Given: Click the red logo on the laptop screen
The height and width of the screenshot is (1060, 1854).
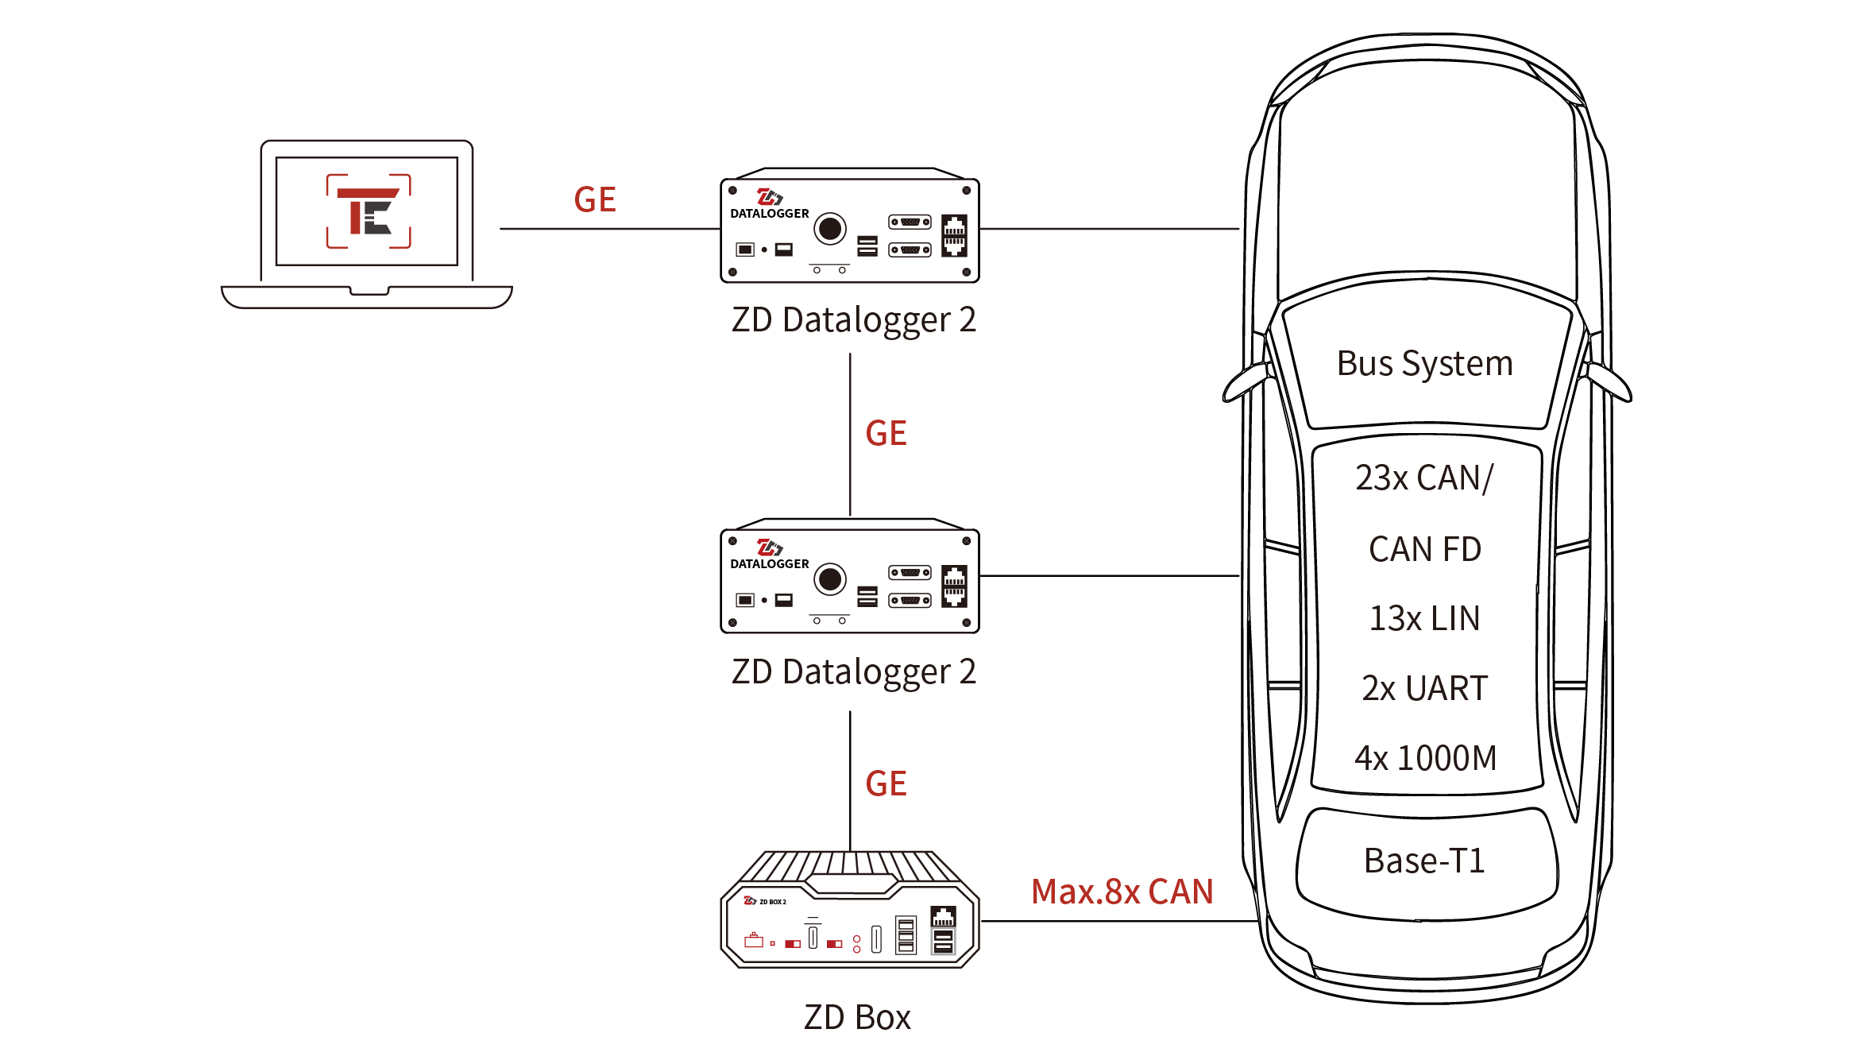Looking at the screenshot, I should (369, 211).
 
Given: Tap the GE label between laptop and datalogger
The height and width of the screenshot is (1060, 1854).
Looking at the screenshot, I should (595, 199).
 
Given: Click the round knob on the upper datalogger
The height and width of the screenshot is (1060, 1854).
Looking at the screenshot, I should (830, 229).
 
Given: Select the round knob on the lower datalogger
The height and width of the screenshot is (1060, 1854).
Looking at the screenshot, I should (830, 579).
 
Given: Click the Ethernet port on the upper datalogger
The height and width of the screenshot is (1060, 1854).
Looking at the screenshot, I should (954, 235).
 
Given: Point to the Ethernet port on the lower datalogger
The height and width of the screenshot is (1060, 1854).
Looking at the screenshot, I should (954, 586).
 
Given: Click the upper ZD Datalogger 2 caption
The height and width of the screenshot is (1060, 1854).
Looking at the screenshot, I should (853, 320).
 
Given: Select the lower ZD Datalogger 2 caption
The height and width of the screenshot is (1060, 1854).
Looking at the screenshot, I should (853, 672).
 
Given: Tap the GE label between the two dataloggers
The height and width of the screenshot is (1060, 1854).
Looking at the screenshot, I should (886, 434).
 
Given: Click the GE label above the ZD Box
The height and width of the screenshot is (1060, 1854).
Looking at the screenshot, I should (886, 784).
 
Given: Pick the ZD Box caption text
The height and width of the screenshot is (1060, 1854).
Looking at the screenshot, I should (857, 1018).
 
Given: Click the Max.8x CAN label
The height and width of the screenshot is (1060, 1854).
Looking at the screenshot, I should (1122, 892).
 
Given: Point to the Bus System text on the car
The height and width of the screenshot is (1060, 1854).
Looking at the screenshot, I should (1424, 364).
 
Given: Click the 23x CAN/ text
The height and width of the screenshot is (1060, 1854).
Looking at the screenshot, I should (1424, 478).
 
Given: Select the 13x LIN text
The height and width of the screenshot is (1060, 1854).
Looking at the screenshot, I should (1424, 618).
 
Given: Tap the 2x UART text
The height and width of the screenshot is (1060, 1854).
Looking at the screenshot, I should (1424, 688).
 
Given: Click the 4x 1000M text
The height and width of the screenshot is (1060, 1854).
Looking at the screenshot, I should (1425, 758).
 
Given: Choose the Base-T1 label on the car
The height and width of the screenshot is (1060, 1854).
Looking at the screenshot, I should (1424, 861).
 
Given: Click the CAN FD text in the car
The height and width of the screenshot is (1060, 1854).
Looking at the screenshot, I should (1424, 549).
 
